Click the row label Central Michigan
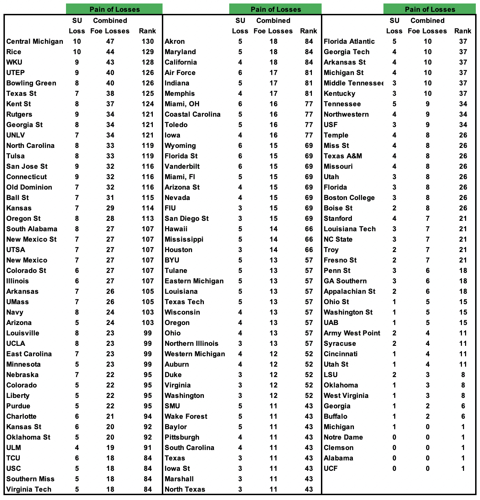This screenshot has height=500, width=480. pyautogui.click(x=35, y=42)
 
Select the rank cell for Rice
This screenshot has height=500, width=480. pyautogui.click(x=148, y=52)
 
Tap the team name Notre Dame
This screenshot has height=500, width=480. pyautogui.click(x=343, y=437)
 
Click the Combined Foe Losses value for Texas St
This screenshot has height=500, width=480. pyautogui.click(x=110, y=94)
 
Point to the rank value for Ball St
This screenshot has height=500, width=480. pyautogui.click(x=148, y=198)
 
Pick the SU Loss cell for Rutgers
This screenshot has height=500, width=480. pyautogui.click(x=77, y=115)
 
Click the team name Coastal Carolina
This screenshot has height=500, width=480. pyautogui.click(x=192, y=115)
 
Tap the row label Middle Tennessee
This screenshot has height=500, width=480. pyautogui.click(x=353, y=83)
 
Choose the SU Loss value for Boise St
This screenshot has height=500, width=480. pyautogui.click(x=394, y=208)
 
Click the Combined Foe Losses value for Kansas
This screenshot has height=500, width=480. pyautogui.click(x=110, y=208)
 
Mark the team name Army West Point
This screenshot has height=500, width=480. pyautogui.click(x=352, y=333)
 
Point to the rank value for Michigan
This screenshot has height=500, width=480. pyautogui.click(x=463, y=427)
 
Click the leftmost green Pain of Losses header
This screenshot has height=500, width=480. pyautogui.click(x=114, y=9)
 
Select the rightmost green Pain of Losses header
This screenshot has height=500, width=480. pyautogui.click(x=430, y=9)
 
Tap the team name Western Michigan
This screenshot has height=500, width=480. pyautogui.click(x=195, y=354)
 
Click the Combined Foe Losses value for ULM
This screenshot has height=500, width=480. pyautogui.click(x=110, y=448)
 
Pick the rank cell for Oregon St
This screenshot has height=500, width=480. pyautogui.click(x=148, y=219)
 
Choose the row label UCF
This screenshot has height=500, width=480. pyautogui.click(x=331, y=469)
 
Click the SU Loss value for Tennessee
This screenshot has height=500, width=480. pyautogui.click(x=394, y=104)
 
